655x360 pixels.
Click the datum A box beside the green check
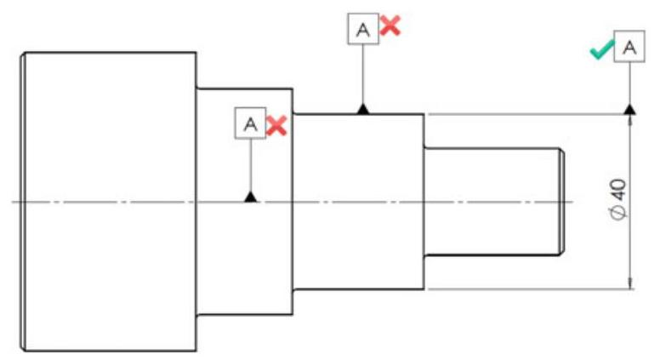629,49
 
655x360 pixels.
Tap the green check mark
603,51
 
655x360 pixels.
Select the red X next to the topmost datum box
390,26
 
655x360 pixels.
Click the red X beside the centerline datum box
276,126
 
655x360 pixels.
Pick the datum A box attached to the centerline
250,123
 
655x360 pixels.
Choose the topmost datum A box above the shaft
362,30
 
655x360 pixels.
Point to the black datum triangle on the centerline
250,197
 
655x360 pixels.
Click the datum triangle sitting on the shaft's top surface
362,109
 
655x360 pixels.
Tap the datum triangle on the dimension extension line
629,109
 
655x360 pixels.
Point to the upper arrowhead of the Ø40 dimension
629,122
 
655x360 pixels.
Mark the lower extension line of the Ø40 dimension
527,289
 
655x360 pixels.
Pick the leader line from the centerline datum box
250,166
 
